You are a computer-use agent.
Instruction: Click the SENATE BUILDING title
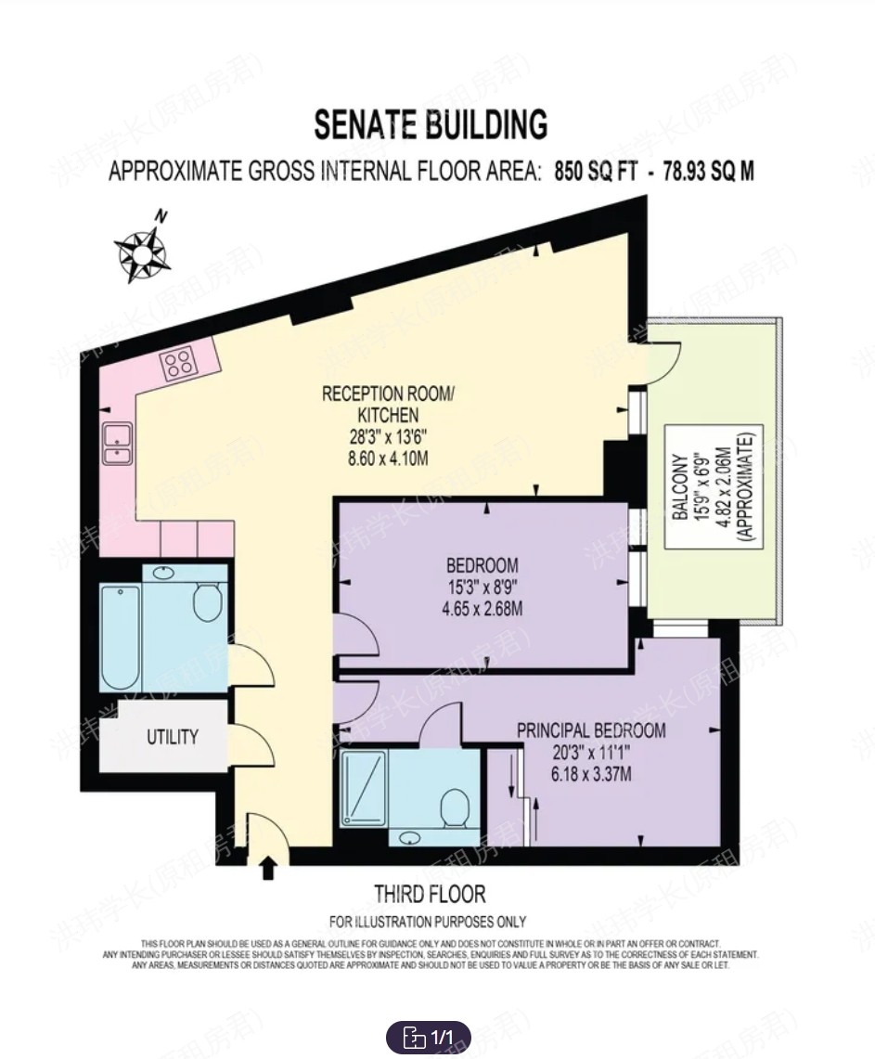[x=431, y=124]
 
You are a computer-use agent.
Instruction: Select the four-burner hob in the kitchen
[x=179, y=363]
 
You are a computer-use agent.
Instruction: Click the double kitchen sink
[x=118, y=443]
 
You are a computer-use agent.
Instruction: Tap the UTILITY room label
[x=173, y=738]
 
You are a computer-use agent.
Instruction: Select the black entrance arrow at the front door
[x=269, y=868]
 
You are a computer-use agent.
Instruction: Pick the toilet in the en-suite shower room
[x=456, y=803]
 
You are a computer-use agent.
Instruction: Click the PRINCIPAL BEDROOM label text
[x=591, y=730]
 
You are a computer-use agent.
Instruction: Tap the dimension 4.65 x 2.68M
[x=482, y=610]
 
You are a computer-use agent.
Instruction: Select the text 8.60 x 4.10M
[x=388, y=458]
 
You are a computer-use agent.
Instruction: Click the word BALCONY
[x=679, y=486]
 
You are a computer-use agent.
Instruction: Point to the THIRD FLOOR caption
[x=430, y=895]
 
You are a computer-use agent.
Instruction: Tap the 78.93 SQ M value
[x=708, y=172]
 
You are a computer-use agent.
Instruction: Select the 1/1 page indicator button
[x=429, y=1036]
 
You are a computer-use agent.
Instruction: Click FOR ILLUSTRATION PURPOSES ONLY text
[x=428, y=922]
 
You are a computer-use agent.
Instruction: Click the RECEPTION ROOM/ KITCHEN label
[x=388, y=404]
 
